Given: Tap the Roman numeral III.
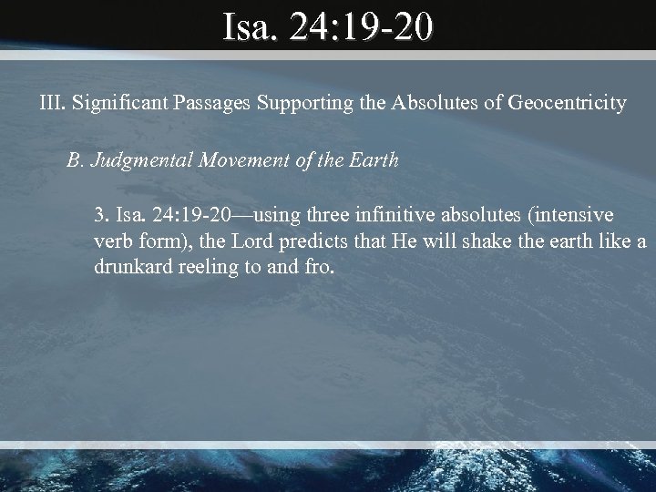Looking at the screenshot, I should [x=51, y=103].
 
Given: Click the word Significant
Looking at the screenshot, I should [x=114, y=103].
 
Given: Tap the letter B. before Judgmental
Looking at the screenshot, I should [x=75, y=160].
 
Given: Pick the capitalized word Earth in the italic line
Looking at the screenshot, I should [x=374, y=160].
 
